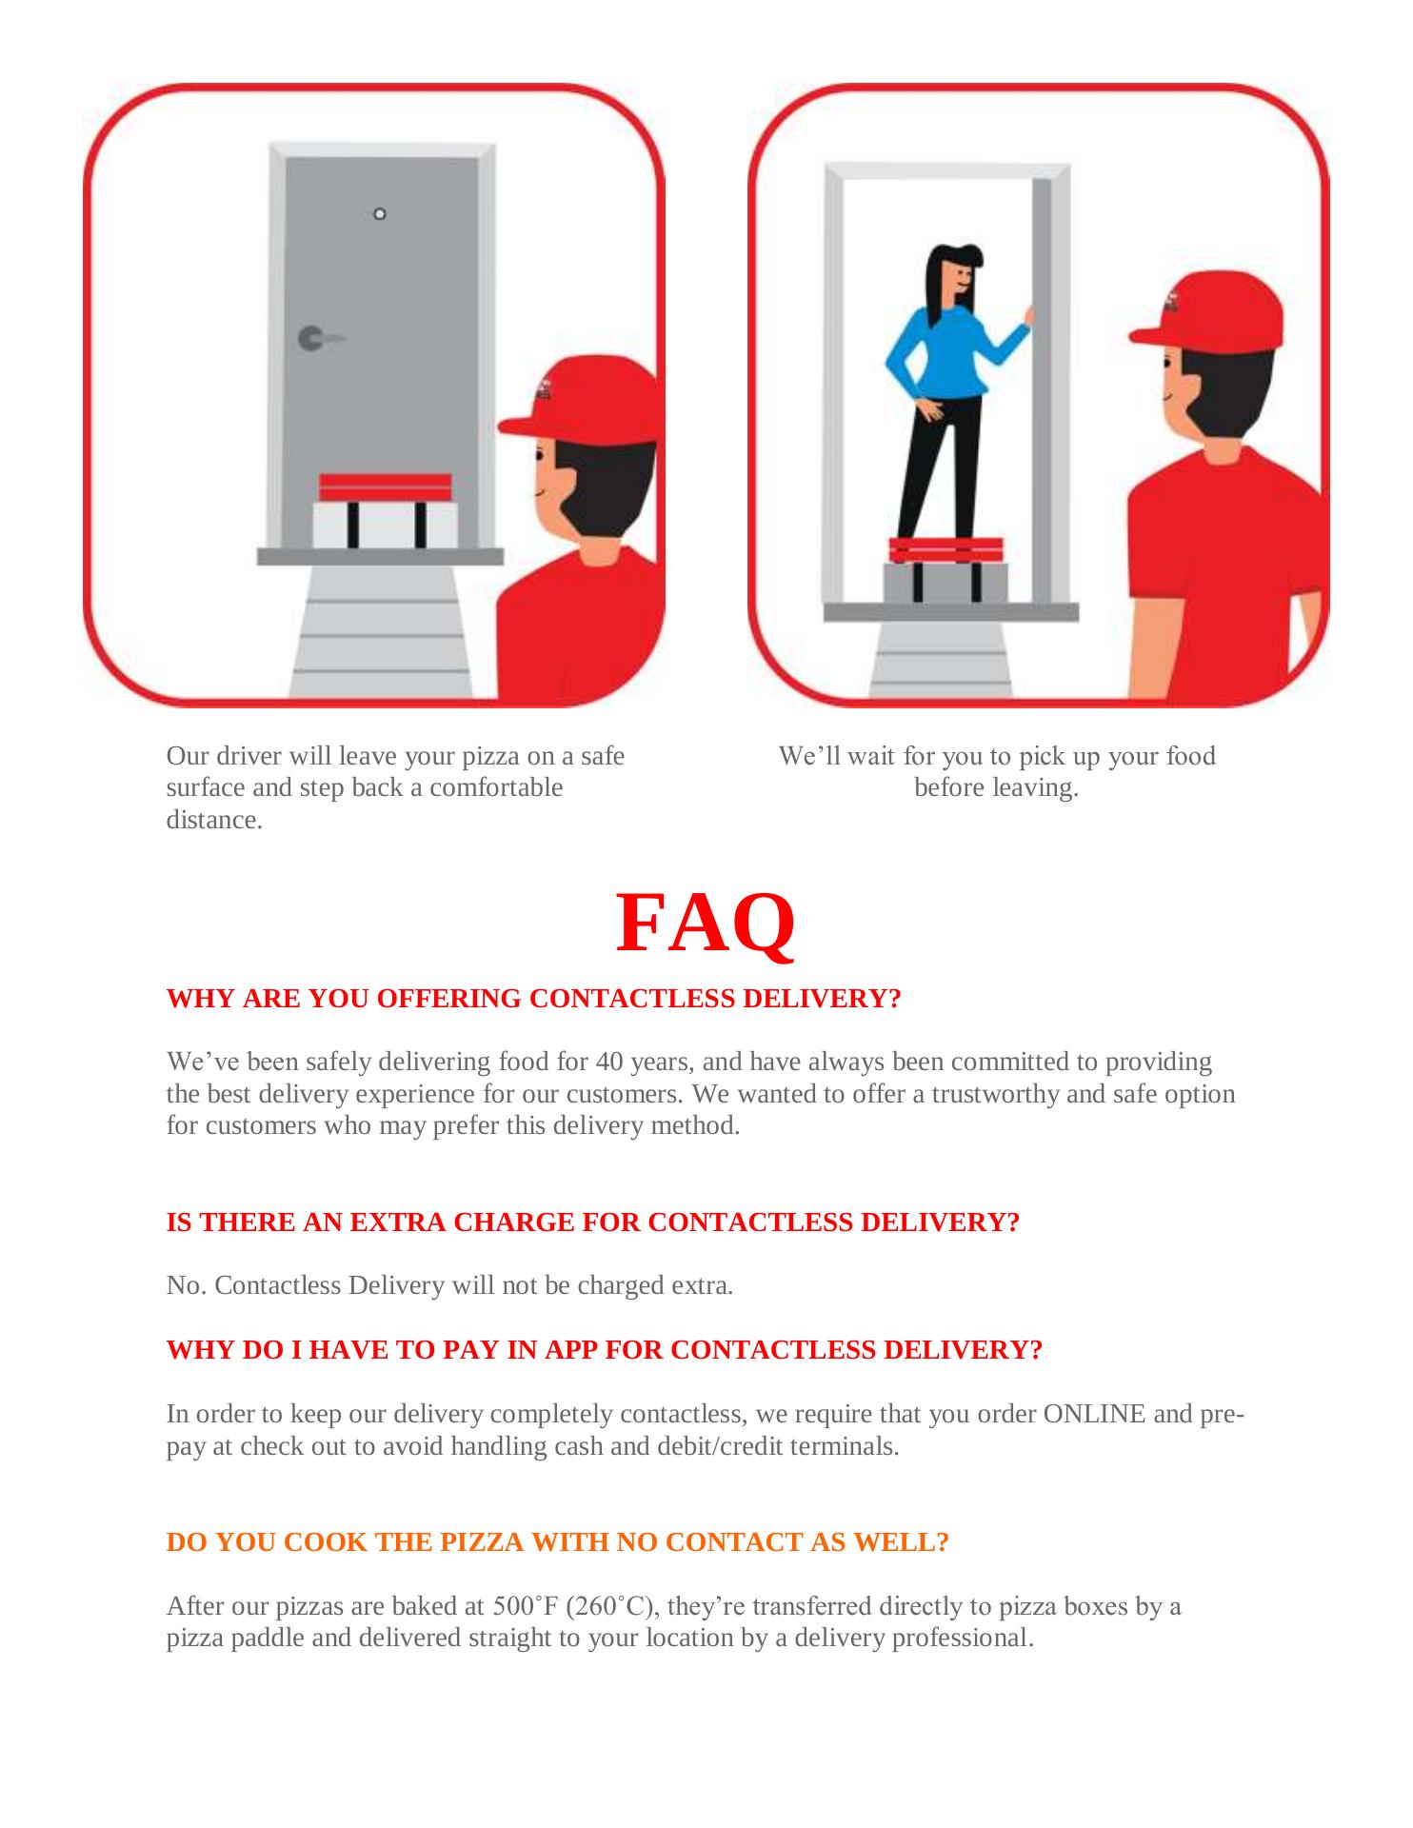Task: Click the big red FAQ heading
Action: pos(706,923)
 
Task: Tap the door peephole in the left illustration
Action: pos(380,213)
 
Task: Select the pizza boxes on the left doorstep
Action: pos(386,510)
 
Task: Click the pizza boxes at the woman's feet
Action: pos(946,569)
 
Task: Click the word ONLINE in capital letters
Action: pos(1094,1414)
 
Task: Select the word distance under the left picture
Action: pos(214,821)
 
